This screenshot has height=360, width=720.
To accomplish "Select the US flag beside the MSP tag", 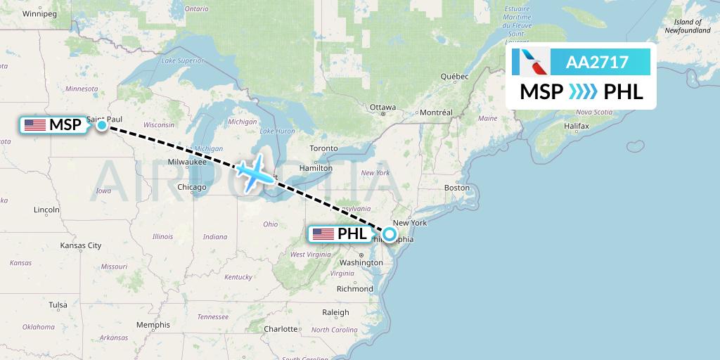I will [x=34, y=125].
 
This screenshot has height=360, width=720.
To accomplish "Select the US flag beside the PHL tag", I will [x=323, y=234].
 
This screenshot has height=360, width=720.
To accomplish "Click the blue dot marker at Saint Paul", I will [x=102, y=125].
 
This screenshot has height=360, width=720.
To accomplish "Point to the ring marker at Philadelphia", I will [x=389, y=234].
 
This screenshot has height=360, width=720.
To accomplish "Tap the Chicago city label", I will [x=192, y=187].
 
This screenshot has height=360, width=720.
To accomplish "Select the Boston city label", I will [x=456, y=188].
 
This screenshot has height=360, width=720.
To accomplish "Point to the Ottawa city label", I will [x=382, y=108].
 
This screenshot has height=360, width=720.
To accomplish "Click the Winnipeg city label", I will [x=39, y=13].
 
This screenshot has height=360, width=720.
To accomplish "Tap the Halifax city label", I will [x=575, y=125].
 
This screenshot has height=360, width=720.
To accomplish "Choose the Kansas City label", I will [x=81, y=245].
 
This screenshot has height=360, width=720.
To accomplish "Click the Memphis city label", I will [x=153, y=325].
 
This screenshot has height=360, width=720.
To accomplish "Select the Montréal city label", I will [x=435, y=112].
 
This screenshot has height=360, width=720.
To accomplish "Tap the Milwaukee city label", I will [x=186, y=161].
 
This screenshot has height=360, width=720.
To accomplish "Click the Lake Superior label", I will [x=182, y=61].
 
